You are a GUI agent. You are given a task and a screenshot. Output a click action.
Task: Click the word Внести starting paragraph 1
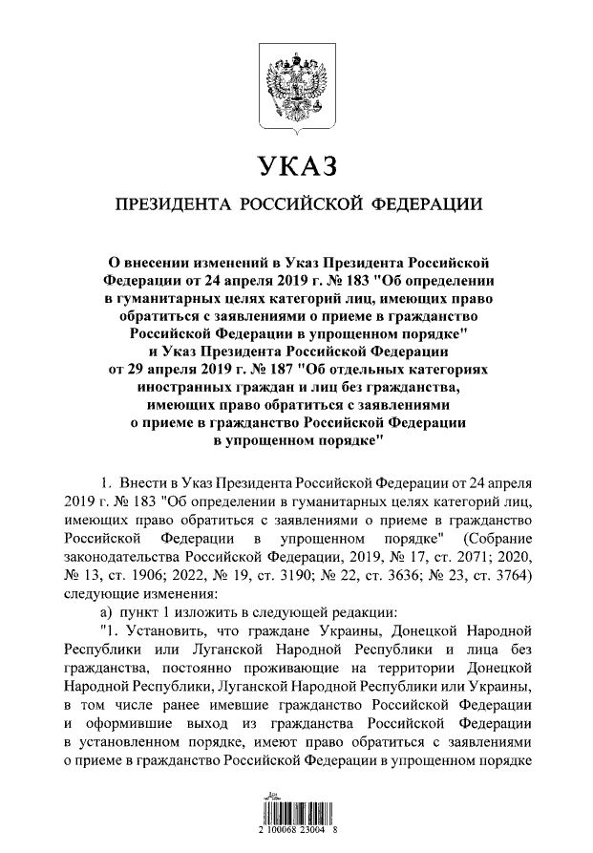point(144,479)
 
